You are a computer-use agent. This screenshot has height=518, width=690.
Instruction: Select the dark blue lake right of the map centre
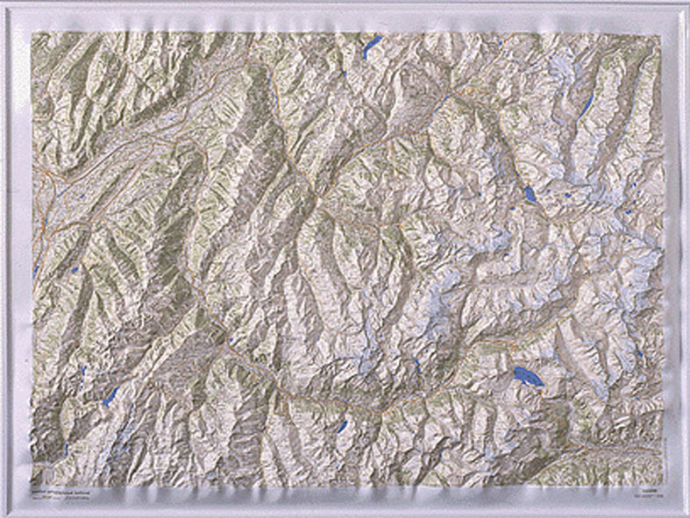tap(530, 194)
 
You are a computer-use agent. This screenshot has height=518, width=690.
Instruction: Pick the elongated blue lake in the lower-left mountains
tap(110, 396)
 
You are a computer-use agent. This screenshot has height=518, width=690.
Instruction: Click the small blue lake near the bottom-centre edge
tap(342, 426)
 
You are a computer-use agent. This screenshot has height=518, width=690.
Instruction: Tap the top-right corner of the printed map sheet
tap(658, 35)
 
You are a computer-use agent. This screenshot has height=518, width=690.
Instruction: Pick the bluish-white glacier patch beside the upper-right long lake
tap(561, 70)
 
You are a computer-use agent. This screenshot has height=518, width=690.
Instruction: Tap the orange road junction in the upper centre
tap(447, 95)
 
